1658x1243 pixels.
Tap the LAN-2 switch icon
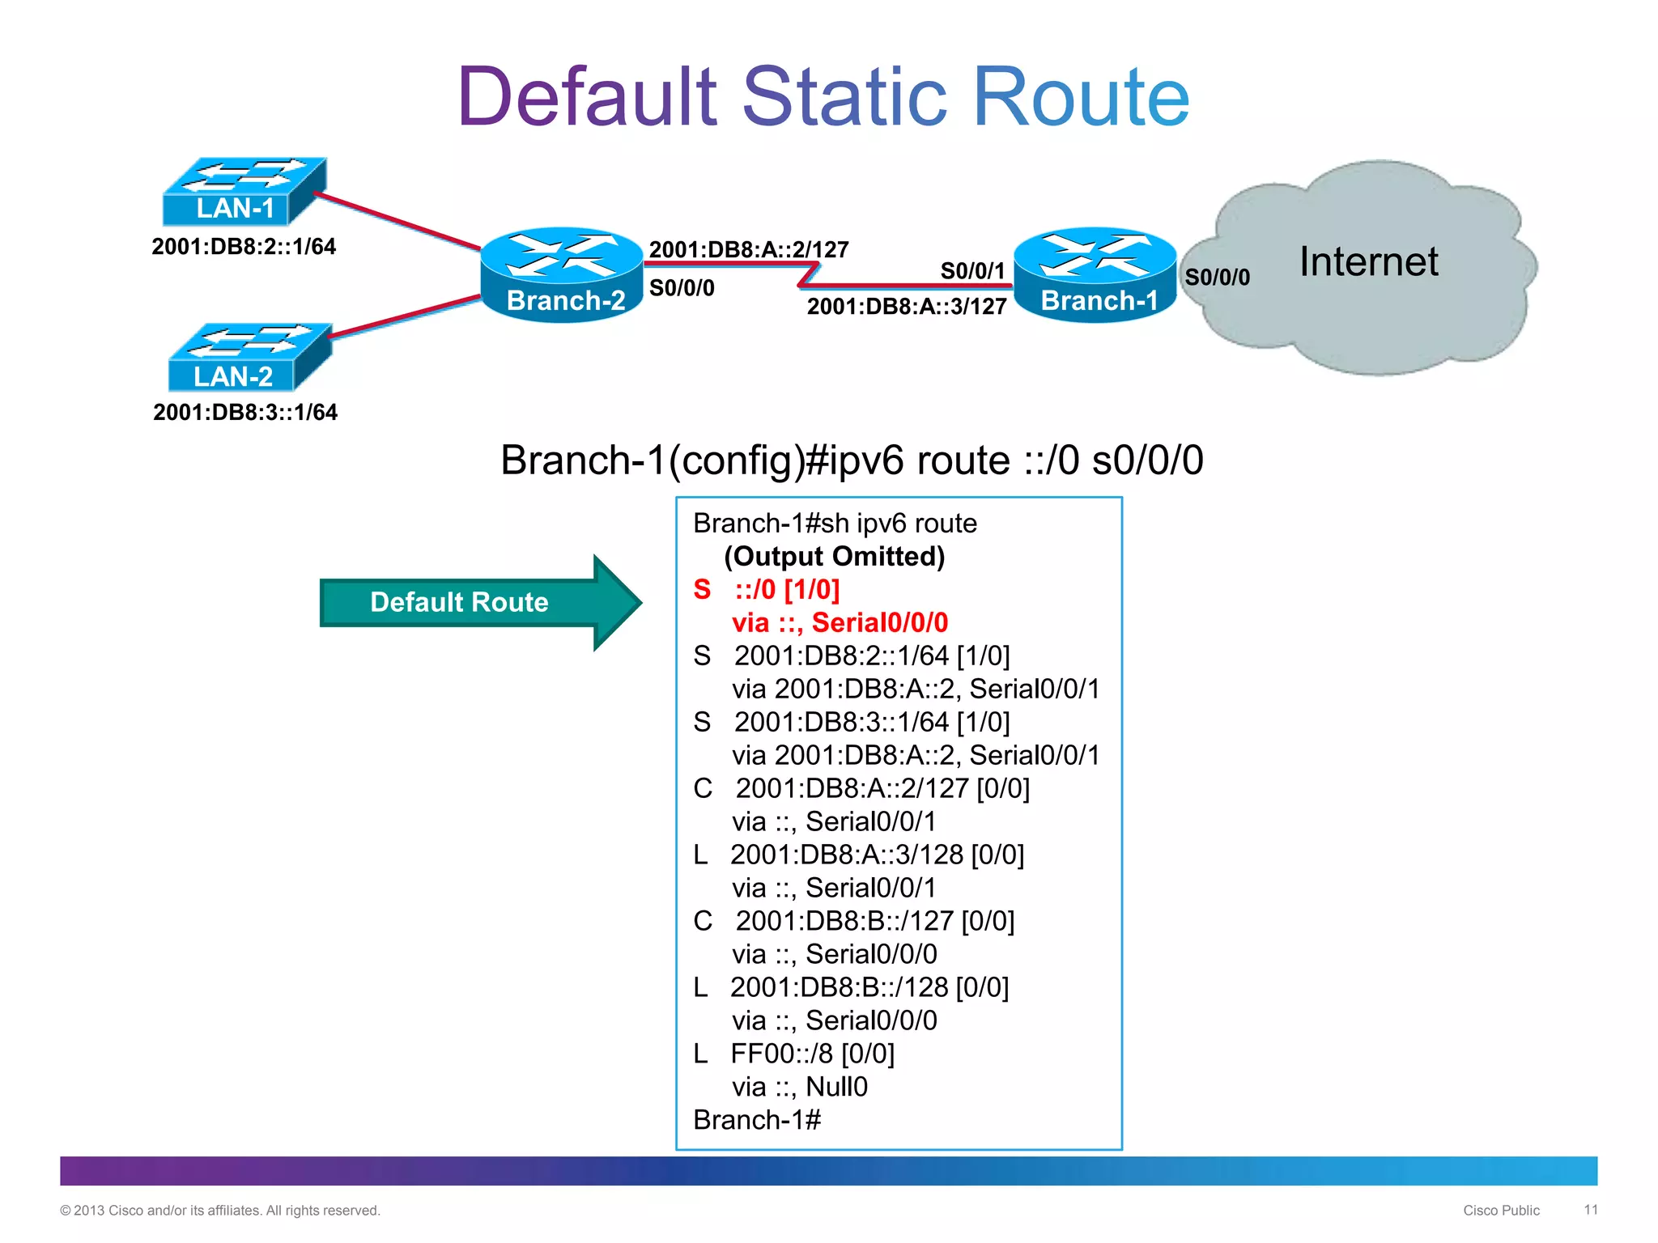click(249, 358)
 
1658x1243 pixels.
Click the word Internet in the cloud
click(1368, 262)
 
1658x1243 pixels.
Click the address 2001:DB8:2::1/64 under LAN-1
click(244, 247)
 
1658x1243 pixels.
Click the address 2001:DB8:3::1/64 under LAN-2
click(245, 413)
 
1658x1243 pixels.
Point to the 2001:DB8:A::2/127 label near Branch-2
click(749, 249)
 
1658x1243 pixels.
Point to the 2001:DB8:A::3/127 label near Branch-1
click(907, 307)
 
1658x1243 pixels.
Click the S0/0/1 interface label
click(971, 271)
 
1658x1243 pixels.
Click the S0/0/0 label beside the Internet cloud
click(1217, 278)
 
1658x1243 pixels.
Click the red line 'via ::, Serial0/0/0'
click(840, 623)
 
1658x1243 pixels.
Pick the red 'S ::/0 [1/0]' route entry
click(767, 590)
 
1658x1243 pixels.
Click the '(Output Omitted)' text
click(834, 557)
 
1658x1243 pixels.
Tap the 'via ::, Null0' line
click(799, 1087)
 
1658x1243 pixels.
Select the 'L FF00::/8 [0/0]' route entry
click(793, 1054)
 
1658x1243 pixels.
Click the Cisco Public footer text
click(1501, 1211)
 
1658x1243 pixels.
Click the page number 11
click(1591, 1210)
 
